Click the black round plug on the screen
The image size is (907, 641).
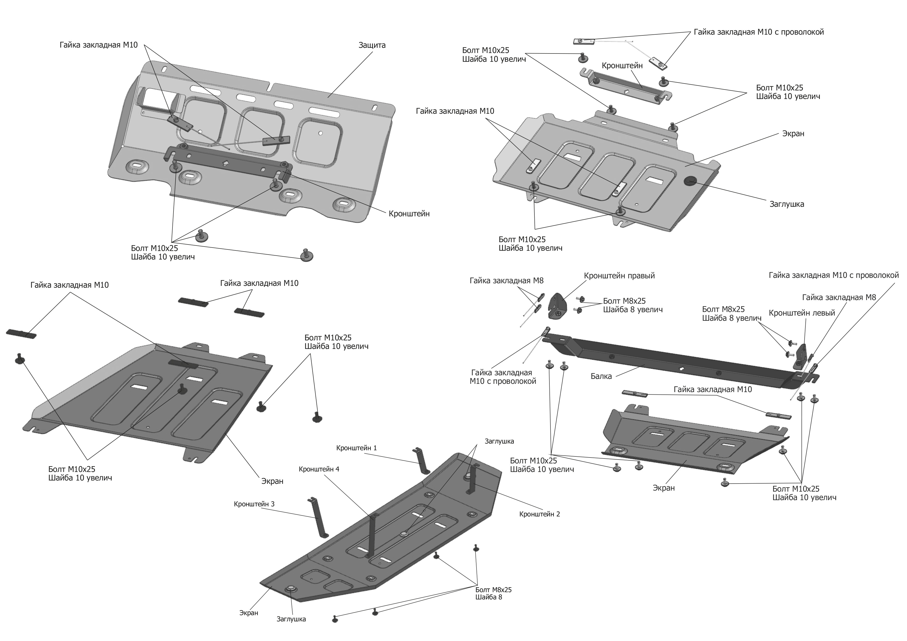pyautogui.click(x=690, y=180)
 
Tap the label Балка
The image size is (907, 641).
pyautogui.click(x=601, y=376)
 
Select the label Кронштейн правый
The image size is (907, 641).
pyautogui.click(x=619, y=276)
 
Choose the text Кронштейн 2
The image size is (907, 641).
pyautogui.click(x=539, y=514)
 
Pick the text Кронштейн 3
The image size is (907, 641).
pyautogui.click(x=254, y=504)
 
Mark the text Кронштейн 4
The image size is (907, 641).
pyautogui.click(x=319, y=469)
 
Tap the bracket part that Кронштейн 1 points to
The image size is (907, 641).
pyautogui.click(x=421, y=461)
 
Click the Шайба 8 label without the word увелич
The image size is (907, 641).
pyautogui.click(x=489, y=597)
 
